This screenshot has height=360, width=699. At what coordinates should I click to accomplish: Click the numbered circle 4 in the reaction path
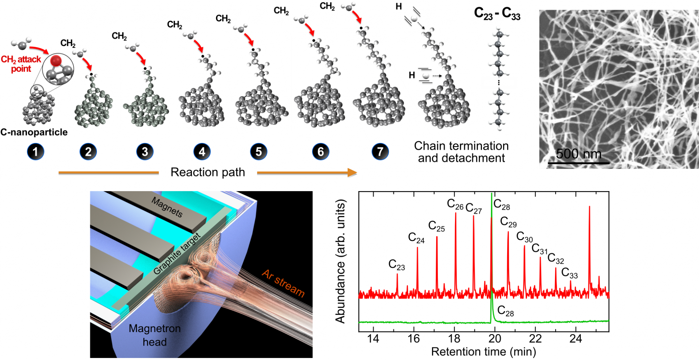point(202,152)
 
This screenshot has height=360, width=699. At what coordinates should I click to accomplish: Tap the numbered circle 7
point(380,152)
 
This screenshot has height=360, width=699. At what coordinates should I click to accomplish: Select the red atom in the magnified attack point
point(56,61)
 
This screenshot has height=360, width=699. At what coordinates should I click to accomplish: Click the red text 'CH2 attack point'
point(21,64)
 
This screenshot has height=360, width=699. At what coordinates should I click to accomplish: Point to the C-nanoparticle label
point(34,132)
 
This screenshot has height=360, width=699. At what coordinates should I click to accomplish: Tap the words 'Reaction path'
point(208,172)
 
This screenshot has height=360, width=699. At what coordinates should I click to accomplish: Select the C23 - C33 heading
point(497,14)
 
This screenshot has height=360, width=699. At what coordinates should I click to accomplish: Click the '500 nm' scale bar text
point(579,154)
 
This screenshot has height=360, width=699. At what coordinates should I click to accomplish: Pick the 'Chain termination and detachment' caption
point(461,152)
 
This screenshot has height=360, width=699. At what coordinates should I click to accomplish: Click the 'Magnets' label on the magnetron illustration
point(167,207)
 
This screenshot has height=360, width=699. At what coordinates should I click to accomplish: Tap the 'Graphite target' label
point(177,254)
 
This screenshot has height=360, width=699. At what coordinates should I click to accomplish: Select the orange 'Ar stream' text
point(283,283)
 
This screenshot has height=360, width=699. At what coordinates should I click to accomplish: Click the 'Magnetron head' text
point(155,335)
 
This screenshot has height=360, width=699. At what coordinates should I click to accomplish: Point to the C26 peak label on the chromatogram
point(455,204)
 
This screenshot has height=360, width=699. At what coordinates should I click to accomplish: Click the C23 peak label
point(397,265)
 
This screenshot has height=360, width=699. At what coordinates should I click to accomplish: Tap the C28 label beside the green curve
point(505,311)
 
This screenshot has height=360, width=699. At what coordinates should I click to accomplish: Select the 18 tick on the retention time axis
point(454,339)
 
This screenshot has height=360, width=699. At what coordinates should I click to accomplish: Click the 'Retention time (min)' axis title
point(483,352)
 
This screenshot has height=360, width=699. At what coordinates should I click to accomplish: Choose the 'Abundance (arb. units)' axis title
point(341,261)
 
